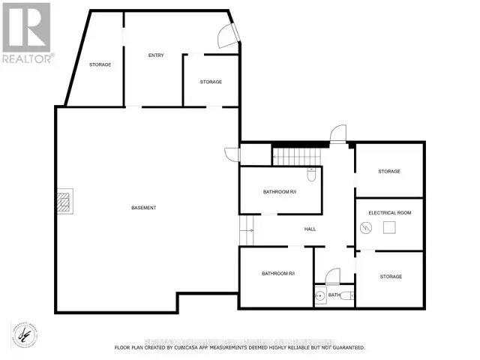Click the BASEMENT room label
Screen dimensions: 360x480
pyautogui.click(x=143, y=208)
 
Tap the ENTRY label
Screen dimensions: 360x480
pyautogui.click(x=156, y=55)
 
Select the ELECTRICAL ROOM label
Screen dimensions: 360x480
pyautogui.click(x=389, y=213)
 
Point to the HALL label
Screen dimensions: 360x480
pyautogui.click(x=310, y=229)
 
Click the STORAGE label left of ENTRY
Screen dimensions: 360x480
pyautogui.click(x=100, y=64)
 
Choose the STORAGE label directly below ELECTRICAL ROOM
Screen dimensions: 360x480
pyautogui.click(x=391, y=277)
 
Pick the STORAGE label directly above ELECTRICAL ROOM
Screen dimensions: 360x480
pyautogui.click(x=388, y=172)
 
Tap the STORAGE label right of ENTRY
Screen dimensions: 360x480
pyautogui.click(x=211, y=82)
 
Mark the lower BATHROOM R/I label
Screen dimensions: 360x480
pyautogui.click(x=277, y=274)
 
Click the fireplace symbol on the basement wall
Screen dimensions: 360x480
pyautogui.click(x=65, y=202)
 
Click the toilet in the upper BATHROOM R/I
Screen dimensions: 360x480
pyautogui.click(x=311, y=175)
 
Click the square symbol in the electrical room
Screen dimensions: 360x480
pyautogui.click(x=390, y=227)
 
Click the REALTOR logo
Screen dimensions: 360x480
pyautogui.click(x=28, y=33)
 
